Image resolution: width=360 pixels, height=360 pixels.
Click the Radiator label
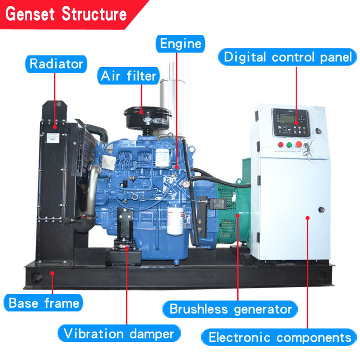tap(57, 63)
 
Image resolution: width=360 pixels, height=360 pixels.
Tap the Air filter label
tap(129, 76)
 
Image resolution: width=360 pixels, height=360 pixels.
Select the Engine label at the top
tap(180, 44)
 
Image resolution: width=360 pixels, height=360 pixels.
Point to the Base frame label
tap(44, 303)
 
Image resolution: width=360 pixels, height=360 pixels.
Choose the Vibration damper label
tap(119, 333)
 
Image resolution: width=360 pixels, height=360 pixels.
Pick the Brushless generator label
tap(230, 309)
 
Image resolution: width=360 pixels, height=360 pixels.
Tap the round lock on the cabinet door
tap(321, 209)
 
